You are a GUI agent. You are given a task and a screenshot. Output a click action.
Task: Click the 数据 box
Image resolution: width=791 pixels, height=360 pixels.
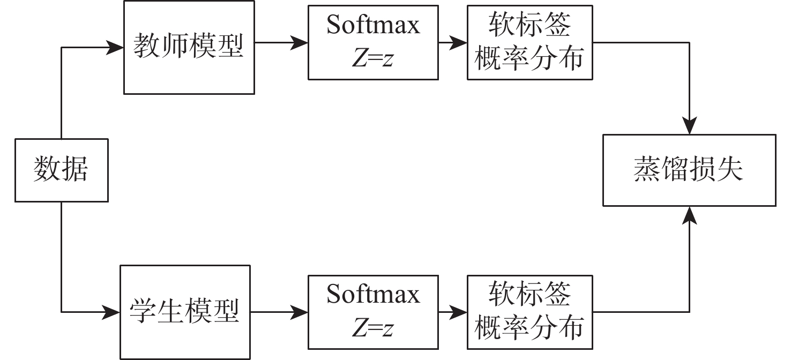pyautogui.click(x=61, y=170)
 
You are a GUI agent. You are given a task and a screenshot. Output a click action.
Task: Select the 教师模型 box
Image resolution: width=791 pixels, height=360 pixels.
pyautogui.click(x=189, y=47)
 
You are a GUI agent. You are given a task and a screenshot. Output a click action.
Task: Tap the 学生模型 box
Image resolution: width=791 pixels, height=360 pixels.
pyautogui.click(x=185, y=311)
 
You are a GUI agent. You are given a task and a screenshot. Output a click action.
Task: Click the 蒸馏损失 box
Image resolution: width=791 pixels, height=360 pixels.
pyautogui.click(x=689, y=170)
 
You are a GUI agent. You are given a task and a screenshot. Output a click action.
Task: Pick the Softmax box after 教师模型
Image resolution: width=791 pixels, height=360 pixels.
pyautogui.click(x=373, y=42)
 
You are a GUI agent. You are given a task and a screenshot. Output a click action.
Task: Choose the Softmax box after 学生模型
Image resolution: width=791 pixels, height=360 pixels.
pyautogui.click(x=373, y=311)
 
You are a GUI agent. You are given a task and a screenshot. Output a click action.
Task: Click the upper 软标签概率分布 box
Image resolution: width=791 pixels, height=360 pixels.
pyautogui.click(x=529, y=42)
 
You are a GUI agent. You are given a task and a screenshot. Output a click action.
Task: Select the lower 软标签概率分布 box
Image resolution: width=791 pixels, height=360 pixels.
pyautogui.click(x=529, y=311)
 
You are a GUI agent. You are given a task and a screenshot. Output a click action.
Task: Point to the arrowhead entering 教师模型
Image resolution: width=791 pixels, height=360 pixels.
pyautogui.click(x=116, y=47)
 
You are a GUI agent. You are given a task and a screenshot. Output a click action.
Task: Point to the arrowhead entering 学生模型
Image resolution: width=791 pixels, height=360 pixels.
pyautogui.click(x=113, y=311)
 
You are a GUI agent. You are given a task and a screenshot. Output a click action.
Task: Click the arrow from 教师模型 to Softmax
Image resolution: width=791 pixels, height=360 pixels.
pyautogui.click(x=281, y=42)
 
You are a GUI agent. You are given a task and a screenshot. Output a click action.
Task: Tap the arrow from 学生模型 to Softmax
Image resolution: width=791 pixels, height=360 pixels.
pyautogui.click(x=279, y=311)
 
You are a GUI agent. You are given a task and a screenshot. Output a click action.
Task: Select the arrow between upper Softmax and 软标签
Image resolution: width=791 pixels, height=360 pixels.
pyautogui.click(x=452, y=42)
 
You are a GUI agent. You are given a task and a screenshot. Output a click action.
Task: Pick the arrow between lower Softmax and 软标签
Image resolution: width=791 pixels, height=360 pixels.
pyautogui.click(x=452, y=311)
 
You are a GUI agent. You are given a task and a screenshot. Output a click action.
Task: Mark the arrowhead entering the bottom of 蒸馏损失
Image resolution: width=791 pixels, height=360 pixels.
pyautogui.click(x=689, y=214)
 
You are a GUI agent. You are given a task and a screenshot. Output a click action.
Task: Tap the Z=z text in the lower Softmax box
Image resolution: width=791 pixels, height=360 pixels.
pyautogui.click(x=372, y=328)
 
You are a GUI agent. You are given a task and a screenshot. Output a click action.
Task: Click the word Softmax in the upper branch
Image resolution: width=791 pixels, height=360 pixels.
pyautogui.click(x=373, y=26)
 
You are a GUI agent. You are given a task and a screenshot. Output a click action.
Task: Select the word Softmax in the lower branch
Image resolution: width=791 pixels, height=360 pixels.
pyautogui.click(x=373, y=295)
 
